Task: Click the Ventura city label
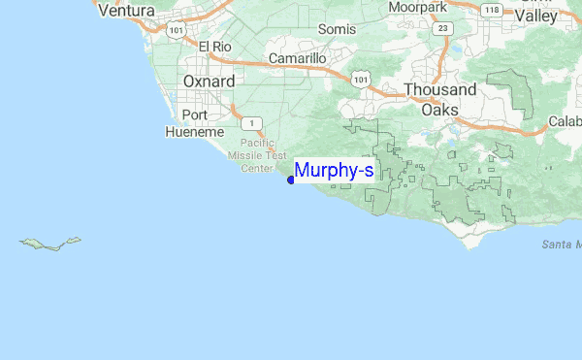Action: pos(126,11)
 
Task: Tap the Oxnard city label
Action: pos(209,82)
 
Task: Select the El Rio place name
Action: pos(215,46)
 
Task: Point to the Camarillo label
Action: pos(297,58)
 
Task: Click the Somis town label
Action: pos(338,29)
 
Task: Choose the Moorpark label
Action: pos(417,7)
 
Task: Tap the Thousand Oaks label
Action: pos(440,99)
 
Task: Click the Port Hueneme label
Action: pos(195,122)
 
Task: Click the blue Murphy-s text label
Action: pos(334,171)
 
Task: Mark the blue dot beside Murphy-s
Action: pos(291,180)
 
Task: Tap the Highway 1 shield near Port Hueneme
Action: pos(251,122)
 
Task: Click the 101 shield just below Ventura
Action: pos(175,30)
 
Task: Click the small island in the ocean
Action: pos(50,243)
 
